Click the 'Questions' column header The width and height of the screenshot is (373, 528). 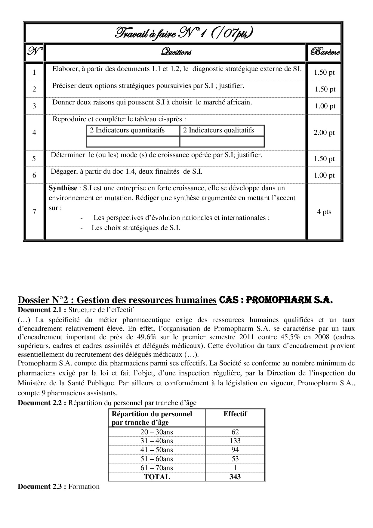tap(176, 52)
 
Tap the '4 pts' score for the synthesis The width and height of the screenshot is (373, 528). tap(324, 212)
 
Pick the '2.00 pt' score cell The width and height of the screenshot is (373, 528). tap(324, 132)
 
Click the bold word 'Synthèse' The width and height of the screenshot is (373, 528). tap(63, 188)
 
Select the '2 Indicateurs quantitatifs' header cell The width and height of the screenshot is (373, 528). tap(127, 130)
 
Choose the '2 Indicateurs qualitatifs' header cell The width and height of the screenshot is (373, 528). tap(218, 130)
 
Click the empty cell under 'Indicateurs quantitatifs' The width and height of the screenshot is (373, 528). tap(133, 141)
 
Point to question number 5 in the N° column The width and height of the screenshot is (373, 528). tap(34, 159)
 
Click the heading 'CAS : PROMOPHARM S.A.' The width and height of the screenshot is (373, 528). tap(276, 300)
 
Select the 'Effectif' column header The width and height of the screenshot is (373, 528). tap(235, 414)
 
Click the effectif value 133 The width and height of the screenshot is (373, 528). tap(235, 441)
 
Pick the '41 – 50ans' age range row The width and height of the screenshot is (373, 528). tap(156, 450)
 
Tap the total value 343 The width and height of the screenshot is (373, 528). tap(235, 477)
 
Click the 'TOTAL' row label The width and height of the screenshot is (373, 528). tap(157, 477)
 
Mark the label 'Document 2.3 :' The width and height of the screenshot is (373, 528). tap(42, 486)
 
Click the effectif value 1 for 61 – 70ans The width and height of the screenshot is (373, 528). tap(235, 468)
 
